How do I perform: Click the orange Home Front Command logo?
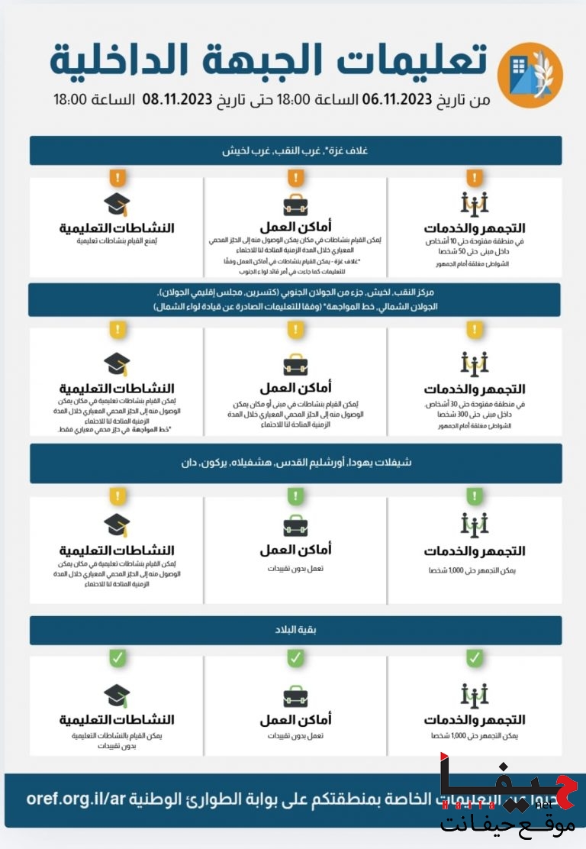coord(530,75)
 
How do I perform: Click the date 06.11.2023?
coord(398,99)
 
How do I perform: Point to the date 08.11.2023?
coord(177,99)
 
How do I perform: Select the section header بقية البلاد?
coord(295,631)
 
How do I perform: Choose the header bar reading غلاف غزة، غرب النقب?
coord(295,150)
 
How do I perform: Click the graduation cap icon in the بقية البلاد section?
coord(117,696)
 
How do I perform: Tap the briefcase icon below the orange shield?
coord(296,205)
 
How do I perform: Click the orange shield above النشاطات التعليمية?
coord(117,179)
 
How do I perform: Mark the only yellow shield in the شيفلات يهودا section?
coord(117,497)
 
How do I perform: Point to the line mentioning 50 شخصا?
coord(475,252)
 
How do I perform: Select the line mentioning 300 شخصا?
coord(475,414)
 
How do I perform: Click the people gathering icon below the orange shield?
coord(475,205)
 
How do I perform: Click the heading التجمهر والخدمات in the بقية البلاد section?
coord(475,719)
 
